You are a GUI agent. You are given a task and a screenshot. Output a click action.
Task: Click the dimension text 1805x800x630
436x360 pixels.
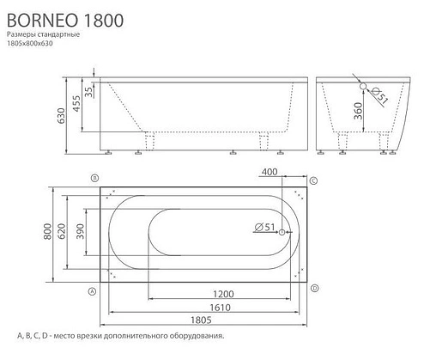[x=42, y=44]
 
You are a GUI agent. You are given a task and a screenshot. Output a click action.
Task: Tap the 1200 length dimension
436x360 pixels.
[x=202, y=295]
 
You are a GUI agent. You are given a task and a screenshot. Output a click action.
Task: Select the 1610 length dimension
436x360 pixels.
[x=202, y=306]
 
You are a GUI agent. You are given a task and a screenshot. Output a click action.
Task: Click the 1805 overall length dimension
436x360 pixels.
[x=202, y=320]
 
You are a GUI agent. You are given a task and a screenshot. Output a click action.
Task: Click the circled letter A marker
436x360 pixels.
[x=91, y=290]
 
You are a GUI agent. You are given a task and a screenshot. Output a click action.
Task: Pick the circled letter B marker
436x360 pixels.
[x=93, y=177]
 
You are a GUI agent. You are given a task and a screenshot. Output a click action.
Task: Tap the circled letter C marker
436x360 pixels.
[x=314, y=180]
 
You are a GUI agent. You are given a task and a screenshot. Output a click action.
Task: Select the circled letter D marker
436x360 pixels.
[x=315, y=287]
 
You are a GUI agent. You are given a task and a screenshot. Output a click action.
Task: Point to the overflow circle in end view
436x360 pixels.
[x=364, y=88]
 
